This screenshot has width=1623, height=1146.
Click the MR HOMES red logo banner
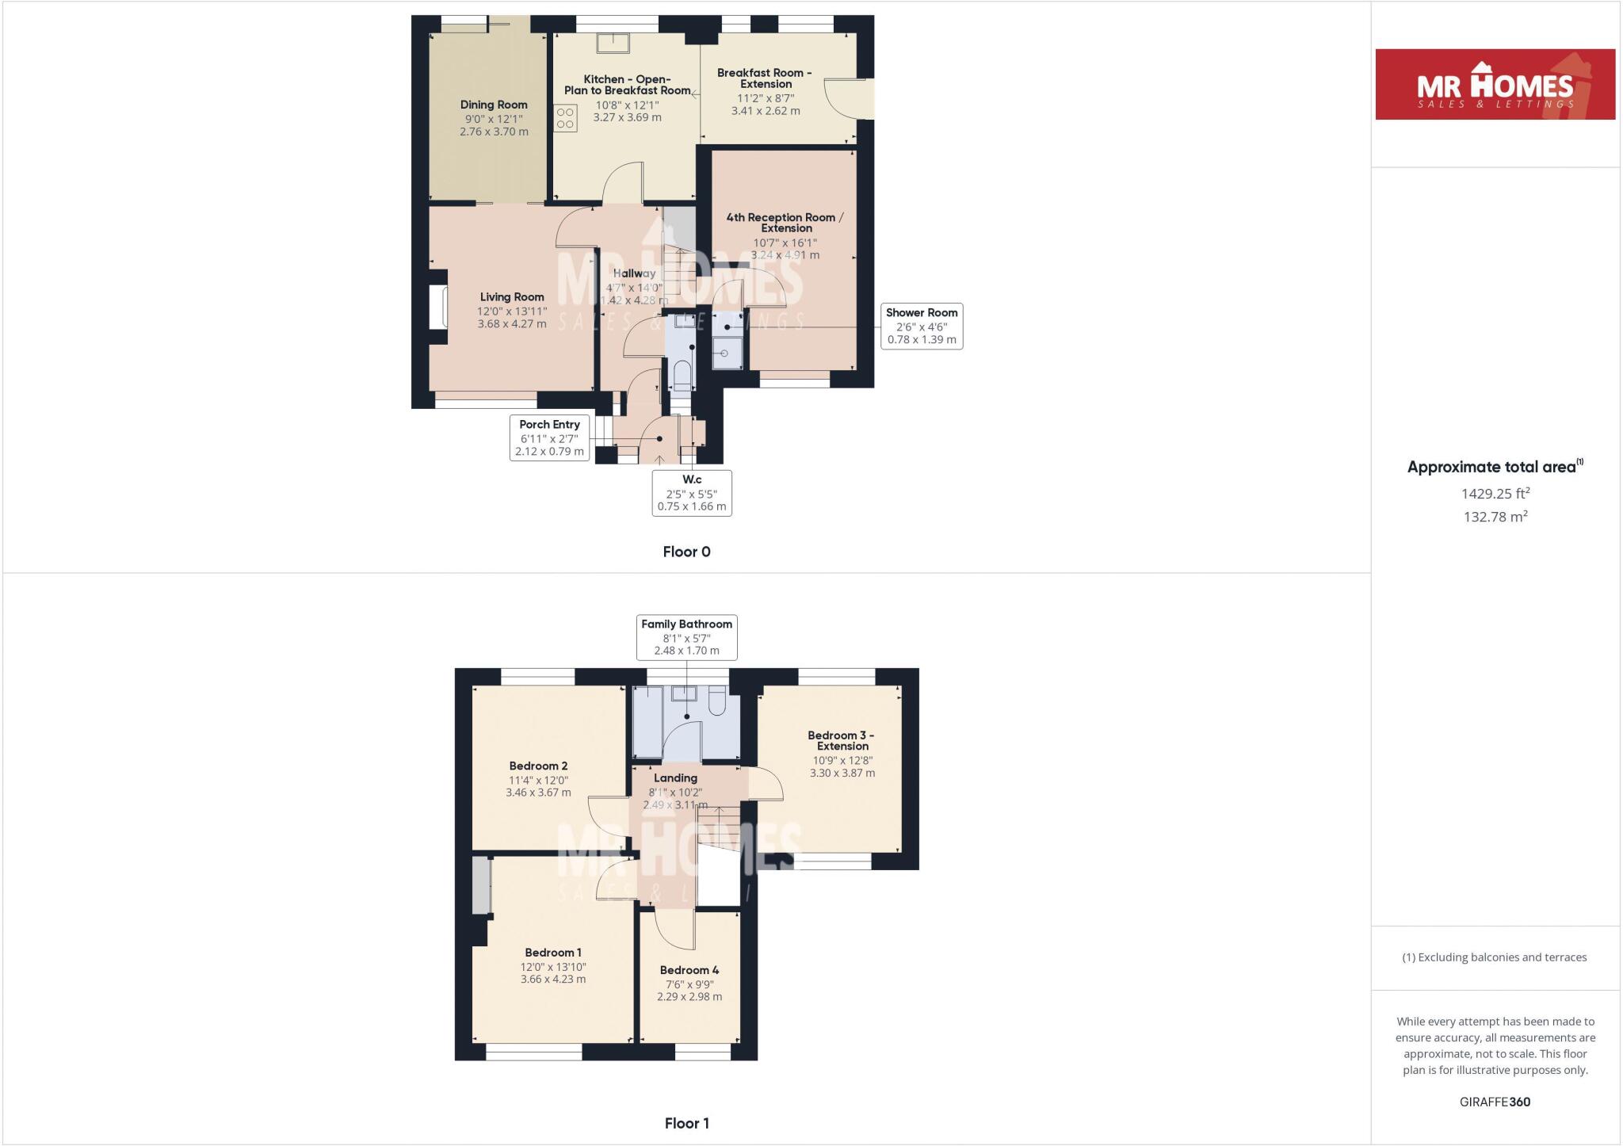point(1495,84)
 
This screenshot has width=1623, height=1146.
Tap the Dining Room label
point(494,105)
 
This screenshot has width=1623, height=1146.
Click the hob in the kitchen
point(565,119)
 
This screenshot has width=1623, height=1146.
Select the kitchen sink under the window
point(614,42)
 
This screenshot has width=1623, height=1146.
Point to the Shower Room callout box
point(921,326)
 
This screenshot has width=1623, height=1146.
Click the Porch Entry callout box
point(549,437)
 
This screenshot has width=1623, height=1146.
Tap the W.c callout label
point(691,479)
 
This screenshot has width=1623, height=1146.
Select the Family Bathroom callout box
point(686,637)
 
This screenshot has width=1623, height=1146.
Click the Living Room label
point(512,297)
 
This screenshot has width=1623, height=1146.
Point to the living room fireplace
point(437,307)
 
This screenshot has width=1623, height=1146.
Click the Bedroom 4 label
point(689,970)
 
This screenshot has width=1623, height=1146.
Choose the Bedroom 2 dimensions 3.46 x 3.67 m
point(538,793)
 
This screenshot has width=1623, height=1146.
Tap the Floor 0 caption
point(686,552)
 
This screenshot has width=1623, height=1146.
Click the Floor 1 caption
point(686,1123)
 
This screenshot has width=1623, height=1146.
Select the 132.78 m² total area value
point(1495,517)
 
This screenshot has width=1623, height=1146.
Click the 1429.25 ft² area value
point(1495,493)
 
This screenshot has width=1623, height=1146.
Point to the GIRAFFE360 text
point(1495,1102)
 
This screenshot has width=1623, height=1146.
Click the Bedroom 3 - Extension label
point(842,740)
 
